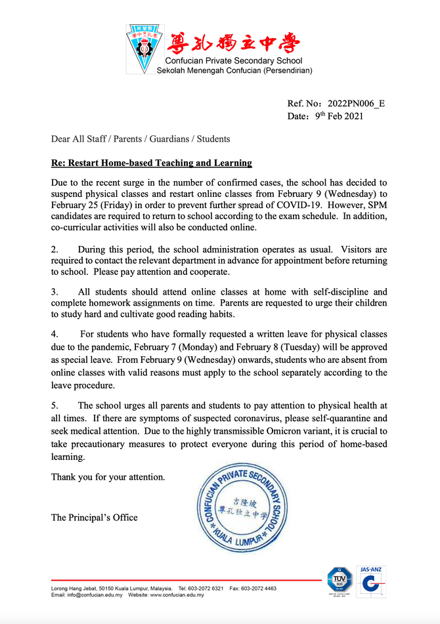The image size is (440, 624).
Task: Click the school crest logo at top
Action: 143,49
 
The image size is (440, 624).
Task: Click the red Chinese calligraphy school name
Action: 232,43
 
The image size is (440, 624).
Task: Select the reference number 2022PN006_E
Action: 355,104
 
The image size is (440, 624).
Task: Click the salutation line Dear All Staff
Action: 141,139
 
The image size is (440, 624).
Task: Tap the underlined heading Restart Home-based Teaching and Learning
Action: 152,163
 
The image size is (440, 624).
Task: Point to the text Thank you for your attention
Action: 108,477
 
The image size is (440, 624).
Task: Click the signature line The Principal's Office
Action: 95,518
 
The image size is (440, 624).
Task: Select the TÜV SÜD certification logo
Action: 340,581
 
